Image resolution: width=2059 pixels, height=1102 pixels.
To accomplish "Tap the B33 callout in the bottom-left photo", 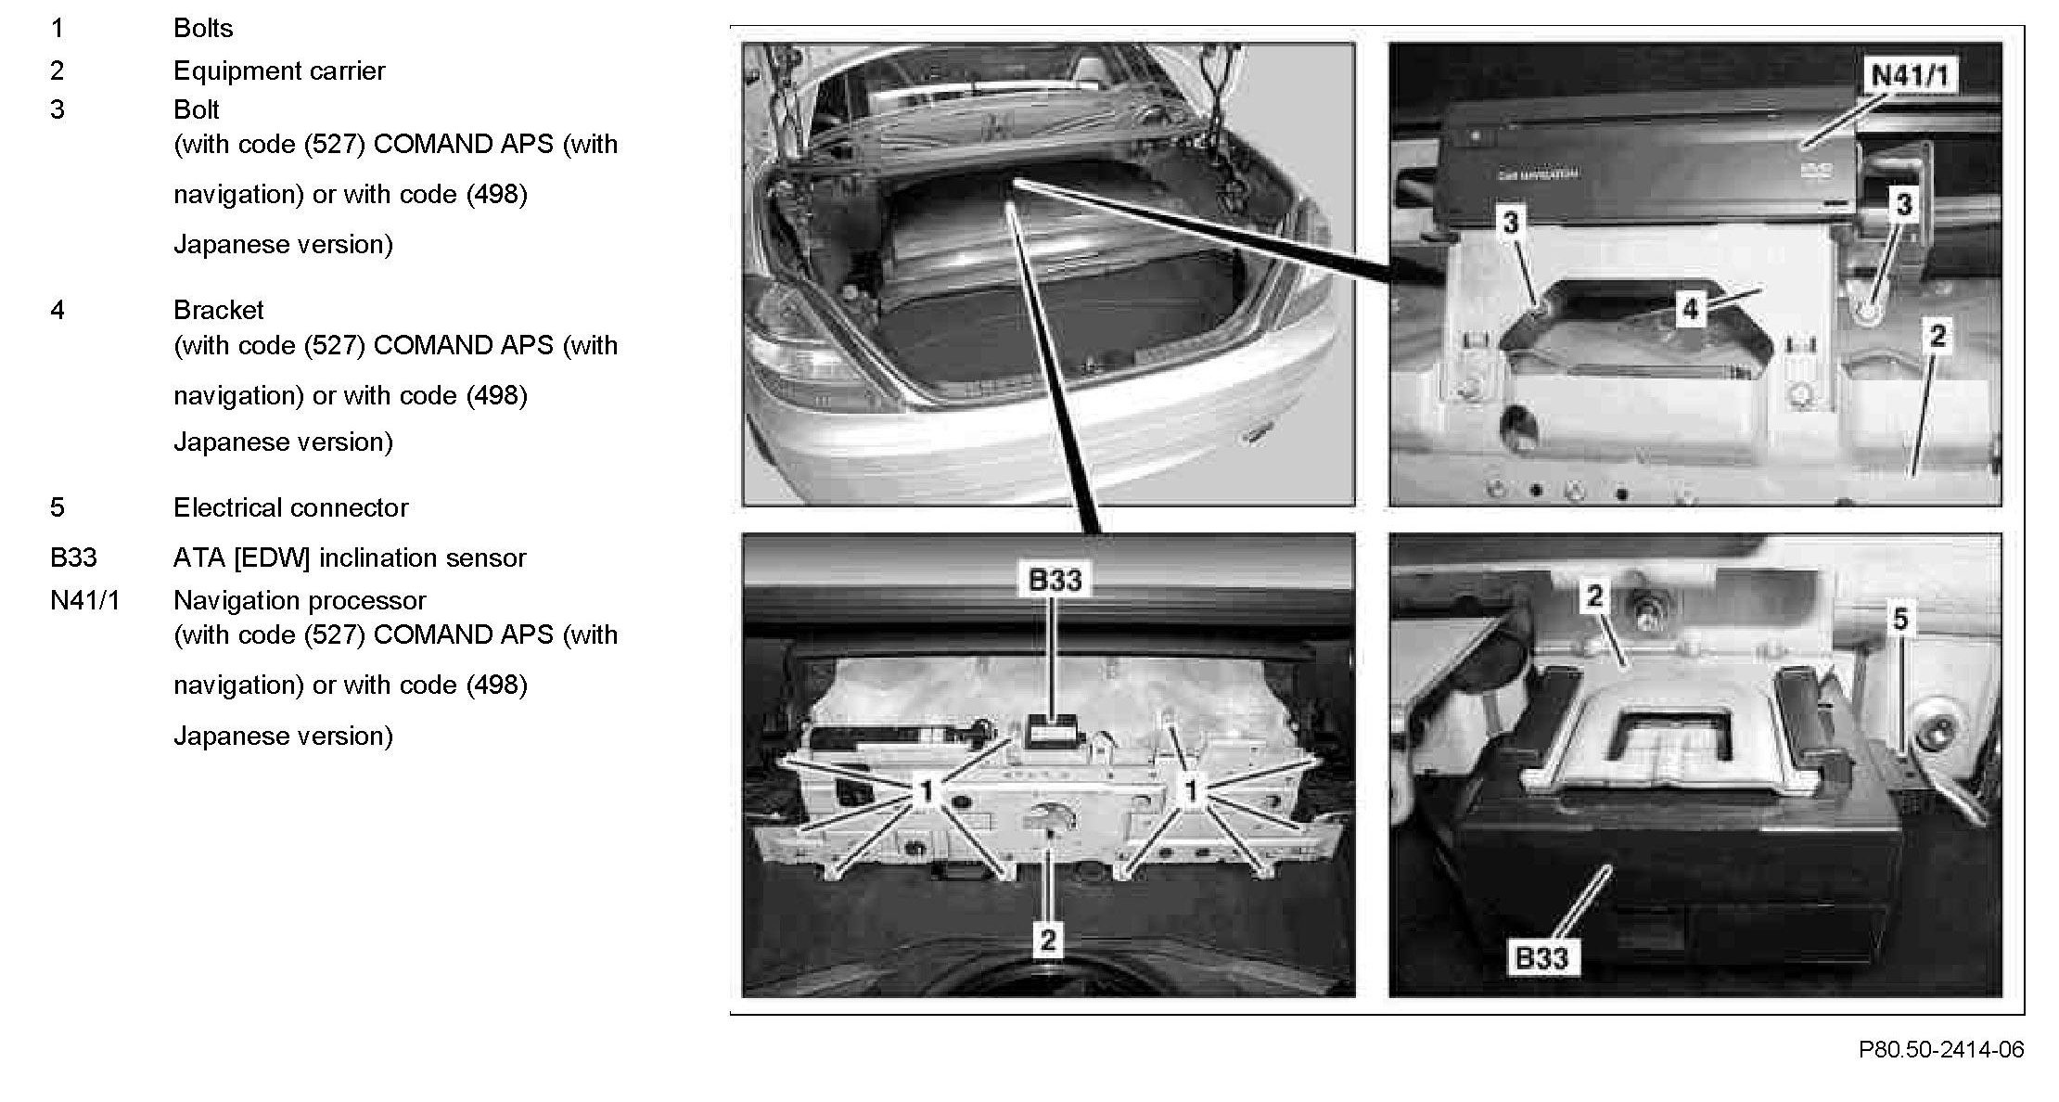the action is (1055, 580).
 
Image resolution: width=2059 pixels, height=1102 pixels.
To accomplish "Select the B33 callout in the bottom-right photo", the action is (1541, 957).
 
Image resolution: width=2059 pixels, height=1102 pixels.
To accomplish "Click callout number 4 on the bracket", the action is (1690, 309).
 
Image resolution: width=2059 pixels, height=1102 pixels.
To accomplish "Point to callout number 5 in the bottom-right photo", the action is (1900, 619).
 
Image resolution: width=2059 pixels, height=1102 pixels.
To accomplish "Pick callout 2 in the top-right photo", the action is (1938, 335).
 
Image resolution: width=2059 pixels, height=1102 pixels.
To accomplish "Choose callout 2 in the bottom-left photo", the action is (1047, 940).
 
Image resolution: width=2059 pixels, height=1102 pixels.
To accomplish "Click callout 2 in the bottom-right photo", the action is (1594, 596).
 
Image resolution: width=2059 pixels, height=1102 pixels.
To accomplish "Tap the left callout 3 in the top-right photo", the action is (1511, 222).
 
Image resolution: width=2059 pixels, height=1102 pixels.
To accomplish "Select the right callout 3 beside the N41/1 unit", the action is (1904, 204).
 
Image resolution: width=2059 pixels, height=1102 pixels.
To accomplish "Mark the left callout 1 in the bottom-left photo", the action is (925, 791).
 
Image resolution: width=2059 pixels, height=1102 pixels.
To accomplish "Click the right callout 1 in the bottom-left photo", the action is (1192, 791).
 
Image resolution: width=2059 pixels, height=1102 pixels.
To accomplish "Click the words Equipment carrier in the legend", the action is (279, 71).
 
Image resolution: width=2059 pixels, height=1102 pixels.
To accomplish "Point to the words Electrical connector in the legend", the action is (290, 507).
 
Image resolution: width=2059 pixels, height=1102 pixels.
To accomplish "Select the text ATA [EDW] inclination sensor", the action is (350, 557).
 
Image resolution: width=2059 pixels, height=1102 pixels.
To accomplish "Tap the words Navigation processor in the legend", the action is (300, 600).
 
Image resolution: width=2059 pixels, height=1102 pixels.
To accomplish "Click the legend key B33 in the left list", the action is (73, 557).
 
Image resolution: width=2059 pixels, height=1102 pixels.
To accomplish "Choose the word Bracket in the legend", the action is (219, 310).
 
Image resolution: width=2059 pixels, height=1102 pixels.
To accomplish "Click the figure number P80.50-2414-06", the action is (1941, 1049).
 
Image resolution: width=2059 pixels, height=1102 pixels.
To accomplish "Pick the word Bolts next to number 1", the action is (203, 29).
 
